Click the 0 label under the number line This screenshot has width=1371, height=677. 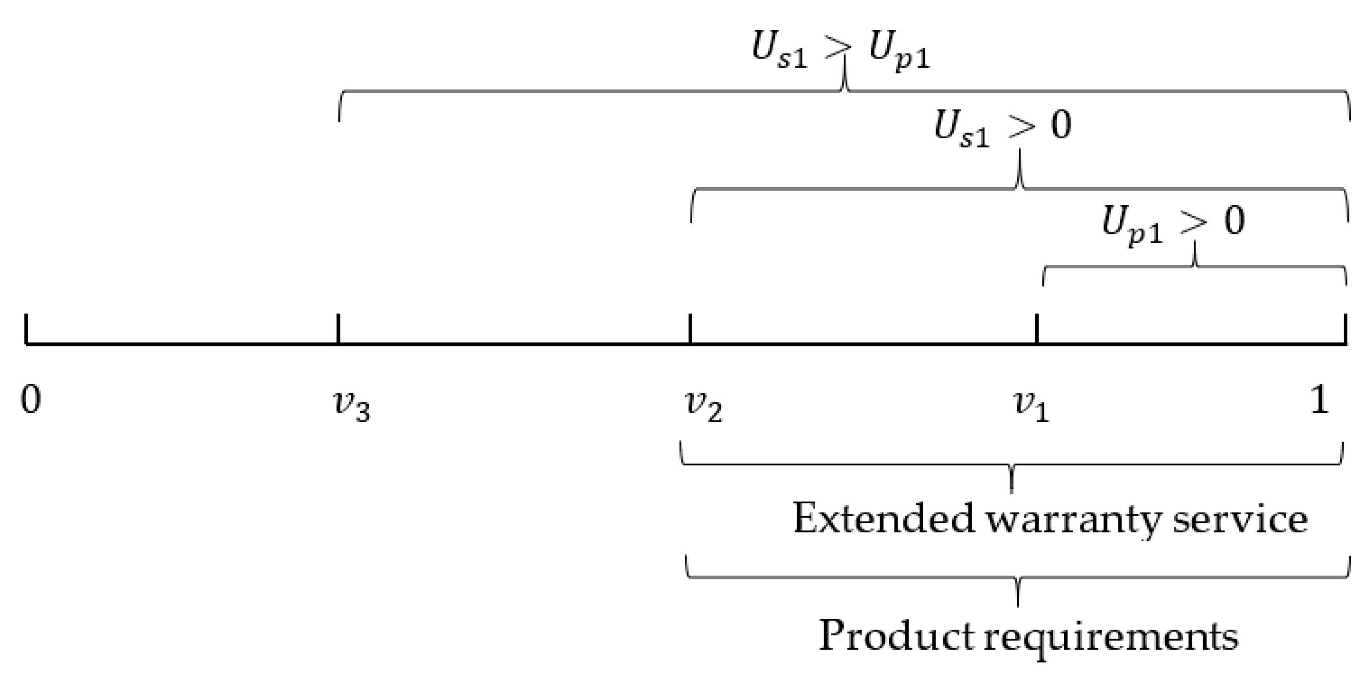coord(31,399)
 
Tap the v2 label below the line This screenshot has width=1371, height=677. coord(703,406)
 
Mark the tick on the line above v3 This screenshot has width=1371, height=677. coord(338,329)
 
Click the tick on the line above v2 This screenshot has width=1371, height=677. coord(690,329)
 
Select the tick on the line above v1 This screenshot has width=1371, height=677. coord(1037,329)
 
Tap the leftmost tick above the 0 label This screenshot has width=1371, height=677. coord(26,329)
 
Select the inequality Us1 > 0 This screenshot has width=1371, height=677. coord(1003,128)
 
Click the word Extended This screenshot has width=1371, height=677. coord(884,518)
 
